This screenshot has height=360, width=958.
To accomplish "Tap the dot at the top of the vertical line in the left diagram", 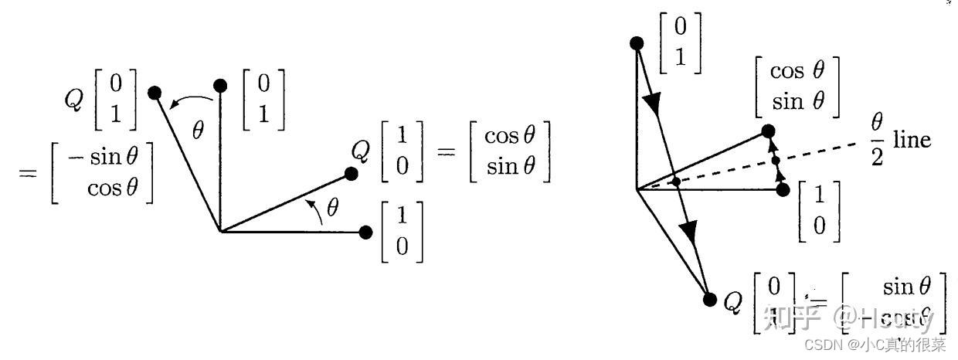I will point(220,85).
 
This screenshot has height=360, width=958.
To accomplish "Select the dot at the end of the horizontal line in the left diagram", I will point(366,232).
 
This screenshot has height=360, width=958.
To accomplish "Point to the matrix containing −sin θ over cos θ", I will point(102,173).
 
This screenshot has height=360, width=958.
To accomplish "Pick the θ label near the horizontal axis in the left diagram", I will point(332,208).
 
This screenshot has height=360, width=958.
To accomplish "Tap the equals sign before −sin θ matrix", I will point(29,172).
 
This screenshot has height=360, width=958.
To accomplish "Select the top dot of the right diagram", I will point(637,43).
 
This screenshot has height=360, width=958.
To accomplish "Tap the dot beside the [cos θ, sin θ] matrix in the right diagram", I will point(767,131).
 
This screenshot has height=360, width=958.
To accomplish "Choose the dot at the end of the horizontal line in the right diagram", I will point(783,188).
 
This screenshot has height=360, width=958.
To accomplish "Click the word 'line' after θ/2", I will point(912,140).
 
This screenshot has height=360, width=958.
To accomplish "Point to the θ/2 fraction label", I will point(877,140).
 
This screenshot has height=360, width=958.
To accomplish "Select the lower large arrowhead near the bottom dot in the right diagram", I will point(691,233).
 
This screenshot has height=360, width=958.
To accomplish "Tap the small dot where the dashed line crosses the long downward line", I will point(676,182).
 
